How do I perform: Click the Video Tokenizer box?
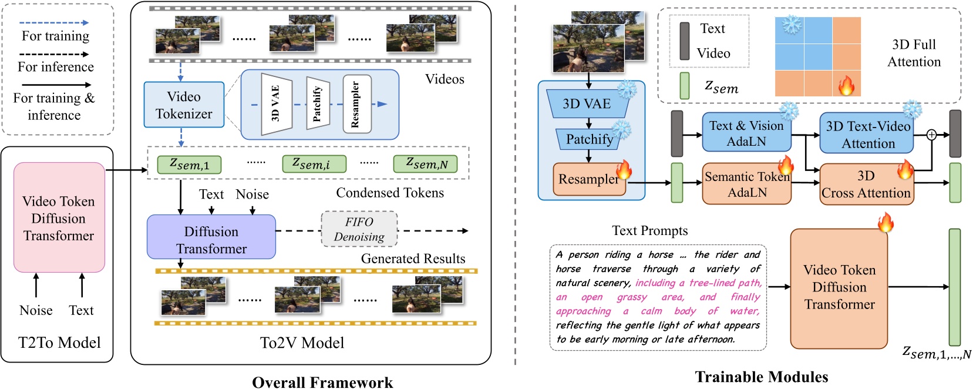(x=184, y=105)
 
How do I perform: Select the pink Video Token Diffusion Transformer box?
(x=59, y=218)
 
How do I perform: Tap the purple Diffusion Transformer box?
(x=211, y=237)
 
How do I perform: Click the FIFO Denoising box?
(x=359, y=229)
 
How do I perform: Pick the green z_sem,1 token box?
(x=189, y=165)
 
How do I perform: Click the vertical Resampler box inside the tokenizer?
(x=356, y=104)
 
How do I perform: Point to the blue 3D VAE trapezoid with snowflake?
(x=587, y=104)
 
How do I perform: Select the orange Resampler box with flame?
(x=588, y=179)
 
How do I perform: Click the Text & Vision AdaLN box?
(x=746, y=133)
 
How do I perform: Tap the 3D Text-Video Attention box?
(x=867, y=135)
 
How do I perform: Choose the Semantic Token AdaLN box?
(x=746, y=185)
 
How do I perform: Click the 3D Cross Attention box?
(x=866, y=185)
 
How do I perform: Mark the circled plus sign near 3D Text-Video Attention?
(x=931, y=135)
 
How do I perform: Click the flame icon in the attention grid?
(x=846, y=86)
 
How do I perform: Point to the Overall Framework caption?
(x=322, y=382)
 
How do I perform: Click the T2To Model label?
(x=59, y=343)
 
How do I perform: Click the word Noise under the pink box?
(x=36, y=310)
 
